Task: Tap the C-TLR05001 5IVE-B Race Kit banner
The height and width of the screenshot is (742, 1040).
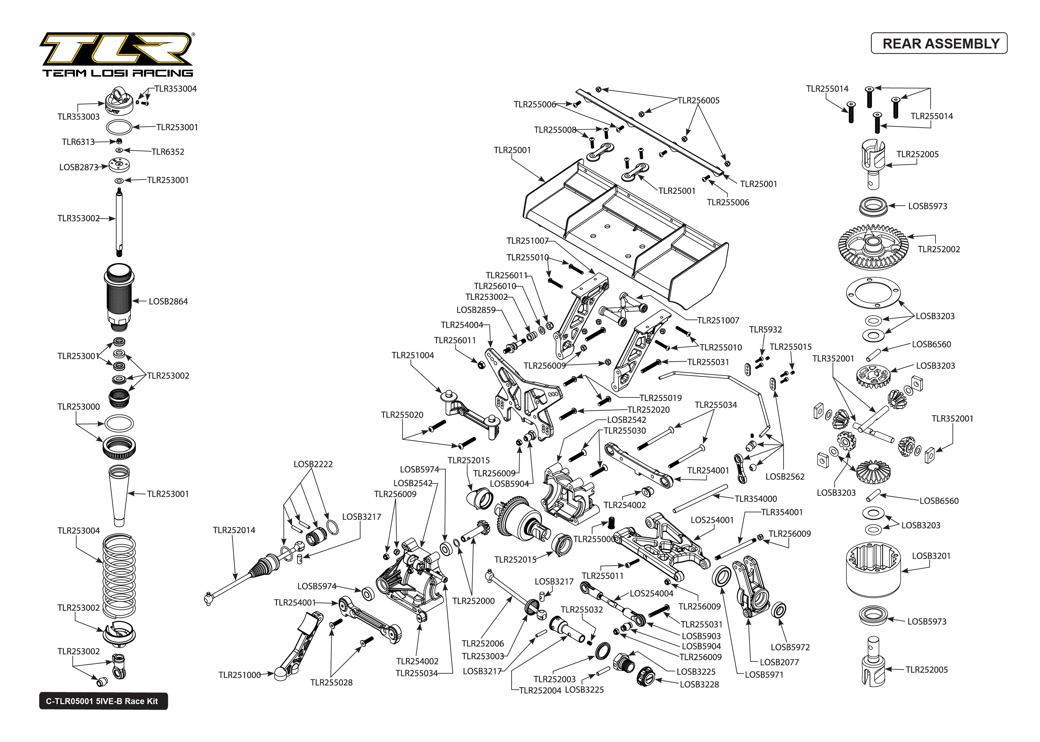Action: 103,701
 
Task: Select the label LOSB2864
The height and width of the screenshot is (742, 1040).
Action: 168,302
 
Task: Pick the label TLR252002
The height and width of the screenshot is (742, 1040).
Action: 938,249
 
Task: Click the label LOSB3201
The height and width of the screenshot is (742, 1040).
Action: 931,556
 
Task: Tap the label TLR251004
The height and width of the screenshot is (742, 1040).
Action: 413,355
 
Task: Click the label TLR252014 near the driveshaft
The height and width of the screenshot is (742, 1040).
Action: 234,530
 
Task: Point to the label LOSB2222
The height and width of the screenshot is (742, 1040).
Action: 313,464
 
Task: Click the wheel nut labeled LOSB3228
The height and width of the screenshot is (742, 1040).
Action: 646,676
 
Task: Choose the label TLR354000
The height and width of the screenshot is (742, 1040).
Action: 755,499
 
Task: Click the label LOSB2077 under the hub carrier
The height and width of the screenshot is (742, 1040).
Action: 779,662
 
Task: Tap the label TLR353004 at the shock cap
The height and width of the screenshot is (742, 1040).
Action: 175,89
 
